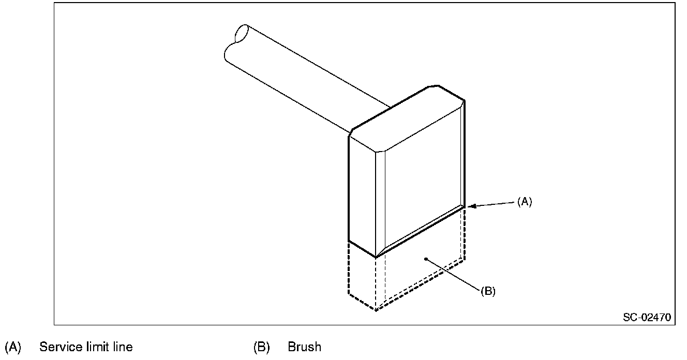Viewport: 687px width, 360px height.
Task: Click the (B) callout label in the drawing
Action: point(488,291)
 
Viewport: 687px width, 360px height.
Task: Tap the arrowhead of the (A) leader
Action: point(470,207)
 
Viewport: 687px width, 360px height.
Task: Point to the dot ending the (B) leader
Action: point(425,259)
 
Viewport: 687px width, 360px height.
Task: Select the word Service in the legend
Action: point(59,347)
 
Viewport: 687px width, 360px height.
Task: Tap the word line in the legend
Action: point(122,347)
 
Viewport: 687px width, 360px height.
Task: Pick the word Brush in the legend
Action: point(304,347)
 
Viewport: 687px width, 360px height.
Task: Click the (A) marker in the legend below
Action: point(12,347)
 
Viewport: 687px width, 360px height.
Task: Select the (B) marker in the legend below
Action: point(261,347)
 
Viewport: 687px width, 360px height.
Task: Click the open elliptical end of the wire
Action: point(242,33)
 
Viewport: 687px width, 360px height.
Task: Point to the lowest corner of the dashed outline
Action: point(376,310)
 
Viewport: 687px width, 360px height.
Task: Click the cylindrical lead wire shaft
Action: point(305,78)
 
